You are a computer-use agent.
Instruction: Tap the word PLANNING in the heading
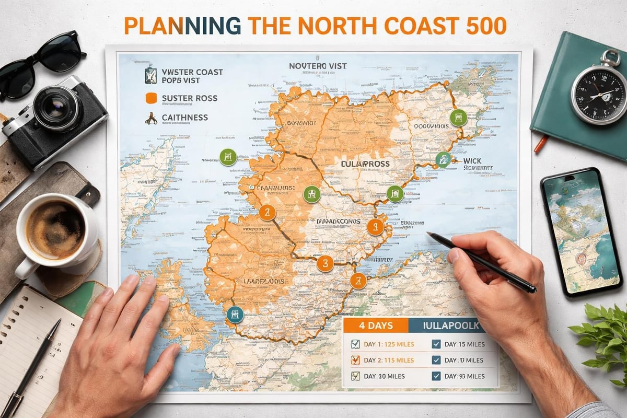click(180, 26)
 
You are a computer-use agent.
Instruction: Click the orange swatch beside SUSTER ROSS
click(152, 97)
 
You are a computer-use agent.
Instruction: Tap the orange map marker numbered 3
click(324, 263)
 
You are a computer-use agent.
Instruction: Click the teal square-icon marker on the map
click(235, 315)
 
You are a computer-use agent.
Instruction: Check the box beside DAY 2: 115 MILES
click(355, 360)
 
